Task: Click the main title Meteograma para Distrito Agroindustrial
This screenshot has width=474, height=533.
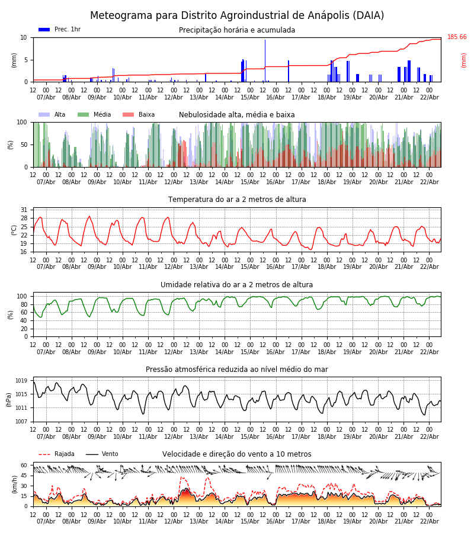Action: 237,16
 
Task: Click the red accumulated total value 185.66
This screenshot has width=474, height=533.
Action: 457,37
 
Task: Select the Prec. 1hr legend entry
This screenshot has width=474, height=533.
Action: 59,30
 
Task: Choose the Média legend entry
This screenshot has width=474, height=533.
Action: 94,115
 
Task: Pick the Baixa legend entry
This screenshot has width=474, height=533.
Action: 139,115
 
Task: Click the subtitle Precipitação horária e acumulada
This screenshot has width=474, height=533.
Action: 237,30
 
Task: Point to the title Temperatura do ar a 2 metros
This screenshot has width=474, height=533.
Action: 237,200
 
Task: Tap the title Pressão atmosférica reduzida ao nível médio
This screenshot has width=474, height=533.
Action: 237,370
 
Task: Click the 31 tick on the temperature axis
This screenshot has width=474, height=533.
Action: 24,210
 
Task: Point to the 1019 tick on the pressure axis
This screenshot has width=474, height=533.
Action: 21,381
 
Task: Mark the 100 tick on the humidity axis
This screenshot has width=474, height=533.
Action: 22,296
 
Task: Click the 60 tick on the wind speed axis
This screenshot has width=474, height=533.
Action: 24,465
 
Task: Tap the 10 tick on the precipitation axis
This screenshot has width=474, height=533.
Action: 24,37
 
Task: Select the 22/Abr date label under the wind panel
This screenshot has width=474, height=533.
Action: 430,522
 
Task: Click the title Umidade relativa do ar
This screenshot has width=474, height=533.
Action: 237,285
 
